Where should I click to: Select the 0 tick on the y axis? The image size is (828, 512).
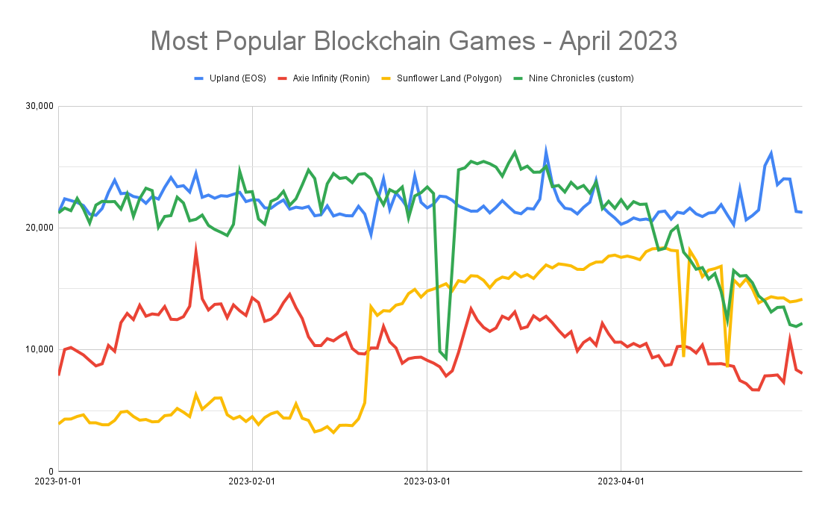(x=49, y=472)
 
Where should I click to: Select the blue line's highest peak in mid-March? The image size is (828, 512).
(x=546, y=150)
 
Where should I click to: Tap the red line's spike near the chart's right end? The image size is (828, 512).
(x=790, y=340)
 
